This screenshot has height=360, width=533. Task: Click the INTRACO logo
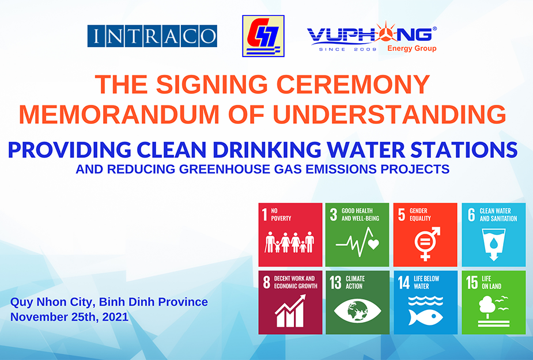click(x=152, y=36)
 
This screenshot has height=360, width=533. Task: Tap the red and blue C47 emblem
click(x=263, y=36)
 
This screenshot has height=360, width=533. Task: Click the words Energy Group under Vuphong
click(x=411, y=48)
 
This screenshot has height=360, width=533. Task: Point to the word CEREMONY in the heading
click(x=353, y=84)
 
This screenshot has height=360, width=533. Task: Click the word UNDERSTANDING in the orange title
click(x=390, y=114)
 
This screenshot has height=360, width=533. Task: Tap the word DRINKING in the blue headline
click(x=267, y=150)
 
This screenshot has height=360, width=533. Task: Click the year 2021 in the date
click(x=115, y=317)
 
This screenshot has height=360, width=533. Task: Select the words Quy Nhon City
click(x=52, y=302)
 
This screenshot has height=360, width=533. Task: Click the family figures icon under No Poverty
click(x=290, y=242)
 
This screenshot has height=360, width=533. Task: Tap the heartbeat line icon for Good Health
click(x=357, y=242)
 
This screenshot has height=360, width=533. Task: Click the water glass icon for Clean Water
click(x=494, y=244)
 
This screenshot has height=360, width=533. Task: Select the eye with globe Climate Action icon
click(x=357, y=310)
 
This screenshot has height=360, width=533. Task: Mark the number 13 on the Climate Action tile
click(x=335, y=282)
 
